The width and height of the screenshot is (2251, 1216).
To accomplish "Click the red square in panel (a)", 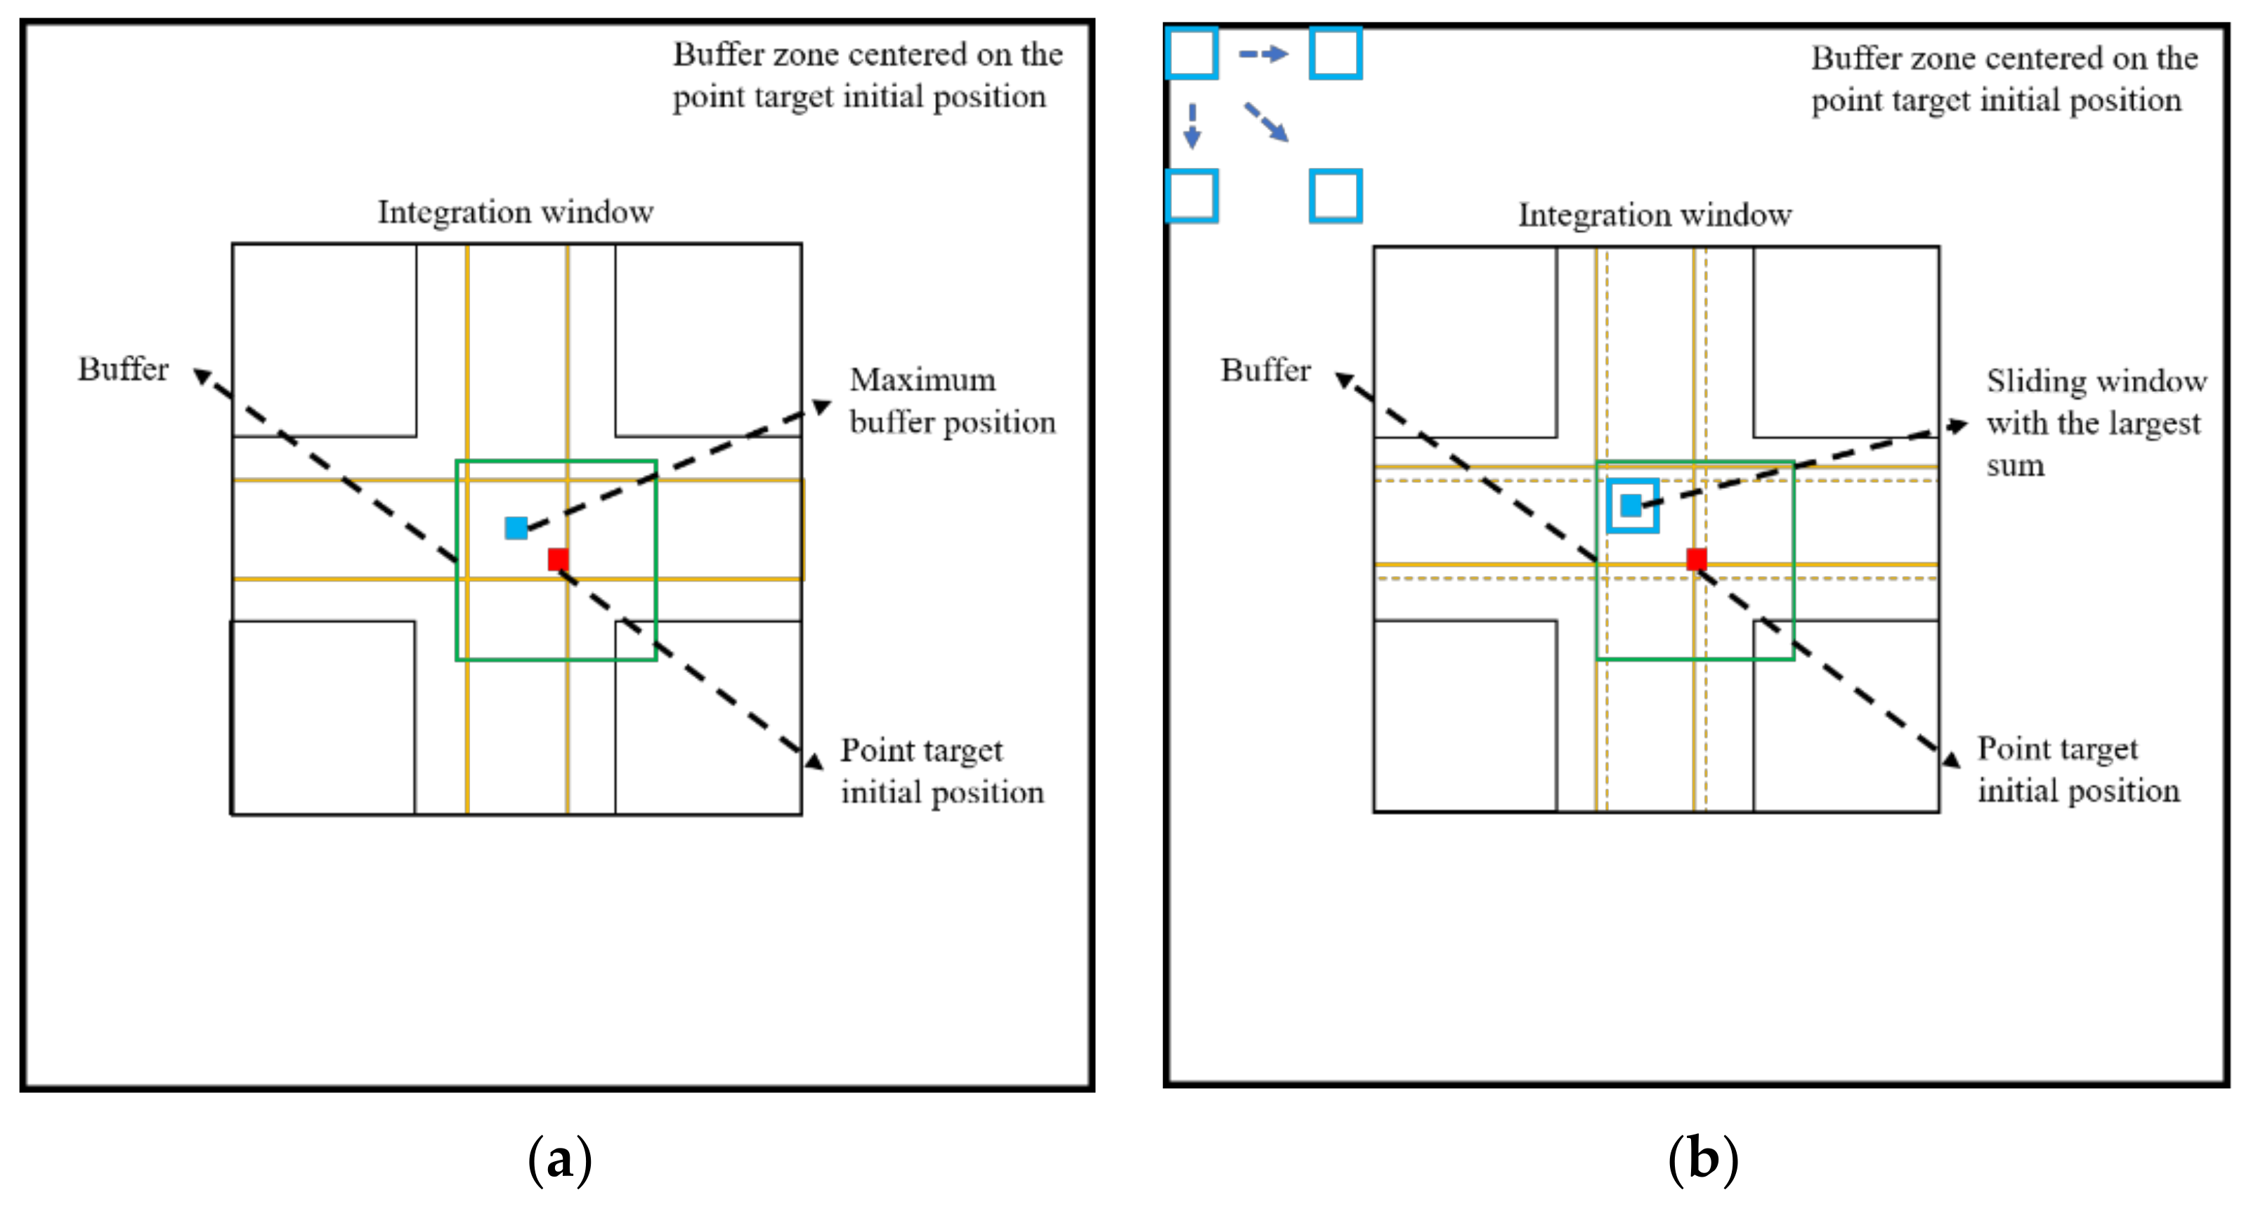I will pyautogui.click(x=558, y=559).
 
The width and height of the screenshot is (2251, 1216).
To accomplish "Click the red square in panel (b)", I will pyautogui.click(x=1696, y=559).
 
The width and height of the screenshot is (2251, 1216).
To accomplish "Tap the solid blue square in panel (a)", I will pyautogui.click(x=516, y=528).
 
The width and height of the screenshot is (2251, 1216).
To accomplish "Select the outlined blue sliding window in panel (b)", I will pyautogui.click(x=1631, y=506).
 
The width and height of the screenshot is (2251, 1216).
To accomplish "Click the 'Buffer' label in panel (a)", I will pyautogui.click(x=122, y=370).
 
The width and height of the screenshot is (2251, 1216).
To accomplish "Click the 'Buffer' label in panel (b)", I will pyautogui.click(x=1265, y=370).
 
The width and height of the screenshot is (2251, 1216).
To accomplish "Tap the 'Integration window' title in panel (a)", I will pyautogui.click(x=515, y=212).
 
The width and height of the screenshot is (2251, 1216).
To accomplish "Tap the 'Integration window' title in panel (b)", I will pyautogui.click(x=1654, y=215).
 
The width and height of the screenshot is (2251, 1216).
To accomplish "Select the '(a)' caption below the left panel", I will pyautogui.click(x=559, y=1160).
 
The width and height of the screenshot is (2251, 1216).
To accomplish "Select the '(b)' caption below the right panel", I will pyautogui.click(x=1702, y=1160).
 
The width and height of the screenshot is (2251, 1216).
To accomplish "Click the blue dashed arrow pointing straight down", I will pyautogui.click(x=1192, y=126).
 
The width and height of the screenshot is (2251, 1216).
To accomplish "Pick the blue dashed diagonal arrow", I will pyautogui.click(x=1266, y=122).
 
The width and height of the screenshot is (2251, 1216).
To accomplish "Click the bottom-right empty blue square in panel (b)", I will pyautogui.click(x=1336, y=196).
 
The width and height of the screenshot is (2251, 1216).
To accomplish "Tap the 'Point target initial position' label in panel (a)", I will pyautogui.click(x=941, y=771).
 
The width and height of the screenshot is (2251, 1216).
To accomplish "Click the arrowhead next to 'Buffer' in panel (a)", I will pyautogui.click(x=202, y=376).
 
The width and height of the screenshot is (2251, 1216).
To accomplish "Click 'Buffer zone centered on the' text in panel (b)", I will pyautogui.click(x=2004, y=58).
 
